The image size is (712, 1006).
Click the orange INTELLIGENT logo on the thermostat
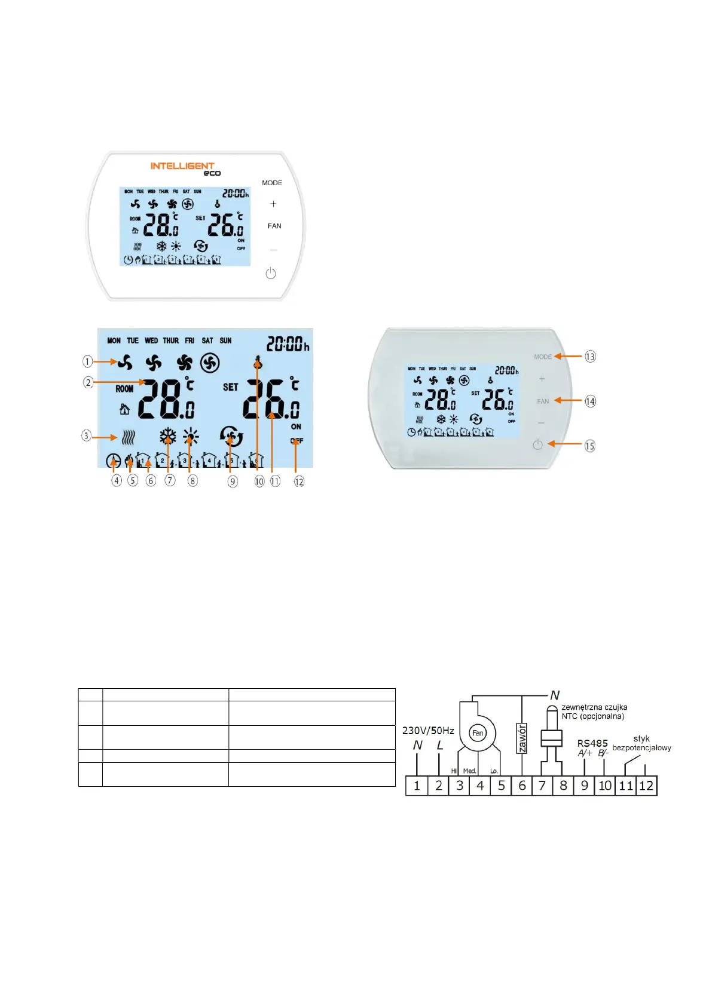tap(182, 166)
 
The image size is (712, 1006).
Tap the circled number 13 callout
tap(590, 357)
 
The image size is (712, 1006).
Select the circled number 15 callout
tap(590, 446)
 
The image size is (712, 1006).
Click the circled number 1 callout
tap(88, 361)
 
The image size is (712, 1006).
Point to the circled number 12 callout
tap(299, 481)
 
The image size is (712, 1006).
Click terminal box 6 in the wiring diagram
tap(522, 786)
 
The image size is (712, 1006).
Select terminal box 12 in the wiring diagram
tap(646, 786)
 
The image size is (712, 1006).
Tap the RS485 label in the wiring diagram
tap(592, 743)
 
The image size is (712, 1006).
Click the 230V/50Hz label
tap(428, 731)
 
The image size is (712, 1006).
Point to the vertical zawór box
tap(522, 738)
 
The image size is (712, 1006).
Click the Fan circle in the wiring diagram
tap(478, 733)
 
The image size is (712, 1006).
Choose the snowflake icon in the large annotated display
tap(168, 437)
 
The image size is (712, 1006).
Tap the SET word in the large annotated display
tap(230, 387)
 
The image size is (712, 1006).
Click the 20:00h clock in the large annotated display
tap(288, 344)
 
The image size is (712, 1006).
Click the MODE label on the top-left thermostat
tap(272, 183)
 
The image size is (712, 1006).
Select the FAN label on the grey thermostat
tap(543, 401)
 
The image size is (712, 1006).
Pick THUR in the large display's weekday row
tap(171, 341)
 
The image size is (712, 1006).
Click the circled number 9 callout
tap(233, 481)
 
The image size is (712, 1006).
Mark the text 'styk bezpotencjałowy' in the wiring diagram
tap(641, 743)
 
